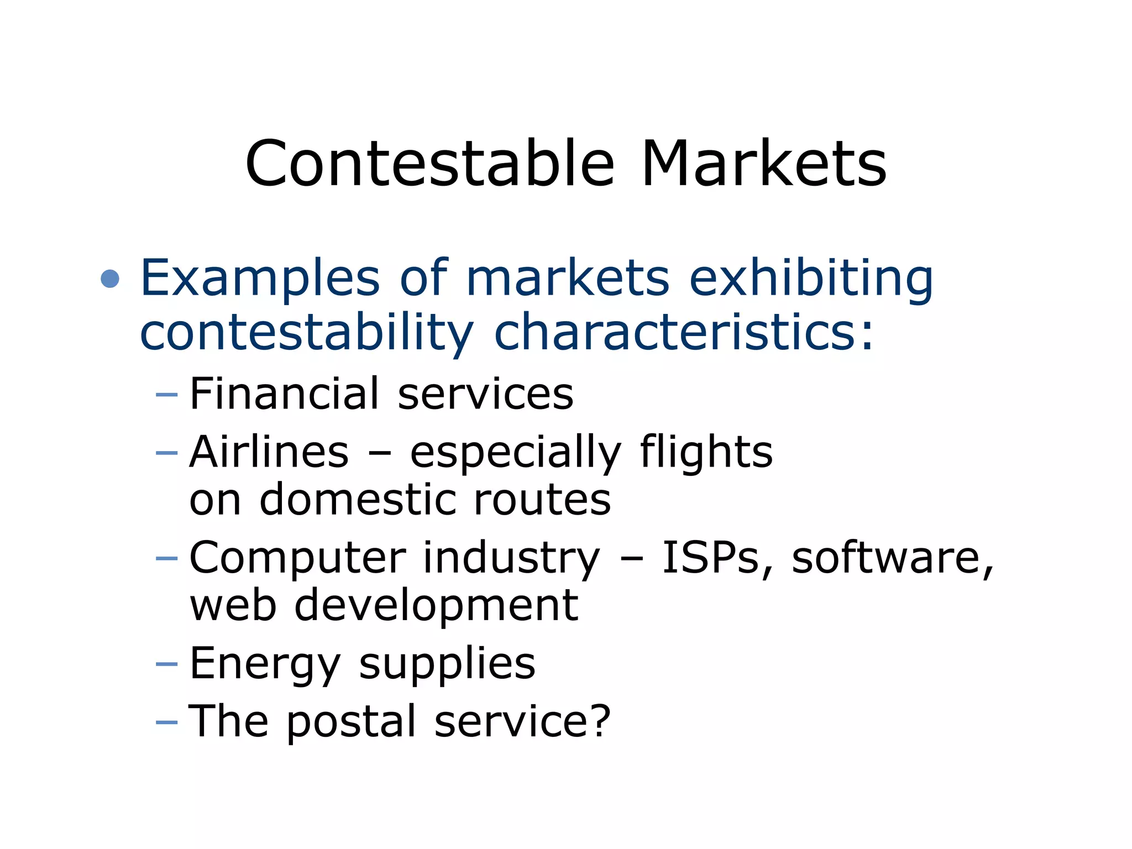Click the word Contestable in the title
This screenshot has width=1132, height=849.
(429, 164)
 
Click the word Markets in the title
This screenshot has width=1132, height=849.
(764, 164)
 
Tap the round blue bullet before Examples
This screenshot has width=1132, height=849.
(111, 279)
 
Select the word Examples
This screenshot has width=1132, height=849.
(260, 279)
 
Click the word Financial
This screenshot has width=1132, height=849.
(284, 394)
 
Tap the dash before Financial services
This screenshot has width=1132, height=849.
(167, 395)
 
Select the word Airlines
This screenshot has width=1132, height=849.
(269, 452)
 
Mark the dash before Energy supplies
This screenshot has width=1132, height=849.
(167, 663)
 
